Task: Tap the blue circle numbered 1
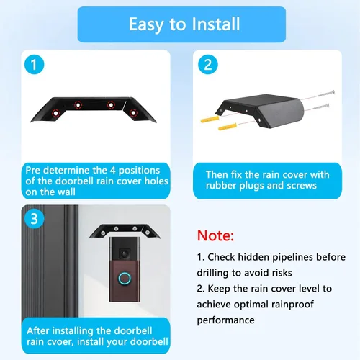click(x=35, y=64)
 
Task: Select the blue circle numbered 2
click(x=208, y=64)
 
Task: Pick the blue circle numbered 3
click(x=35, y=219)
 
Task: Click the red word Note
click(x=215, y=235)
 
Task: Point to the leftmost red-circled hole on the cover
click(x=56, y=113)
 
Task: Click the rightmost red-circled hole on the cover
click(x=133, y=112)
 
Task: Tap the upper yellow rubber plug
click(x=210, y=119)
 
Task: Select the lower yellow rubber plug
click(x=228, y=127)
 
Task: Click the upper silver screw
click(x=326, y=94)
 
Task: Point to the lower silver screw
click(x=320, y=107)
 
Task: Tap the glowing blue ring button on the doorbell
click(x=125, y=279)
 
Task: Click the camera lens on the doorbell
click(x=125, y=253)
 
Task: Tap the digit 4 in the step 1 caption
click(x=113, y=170)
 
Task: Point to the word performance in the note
click(x=225, y=320)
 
